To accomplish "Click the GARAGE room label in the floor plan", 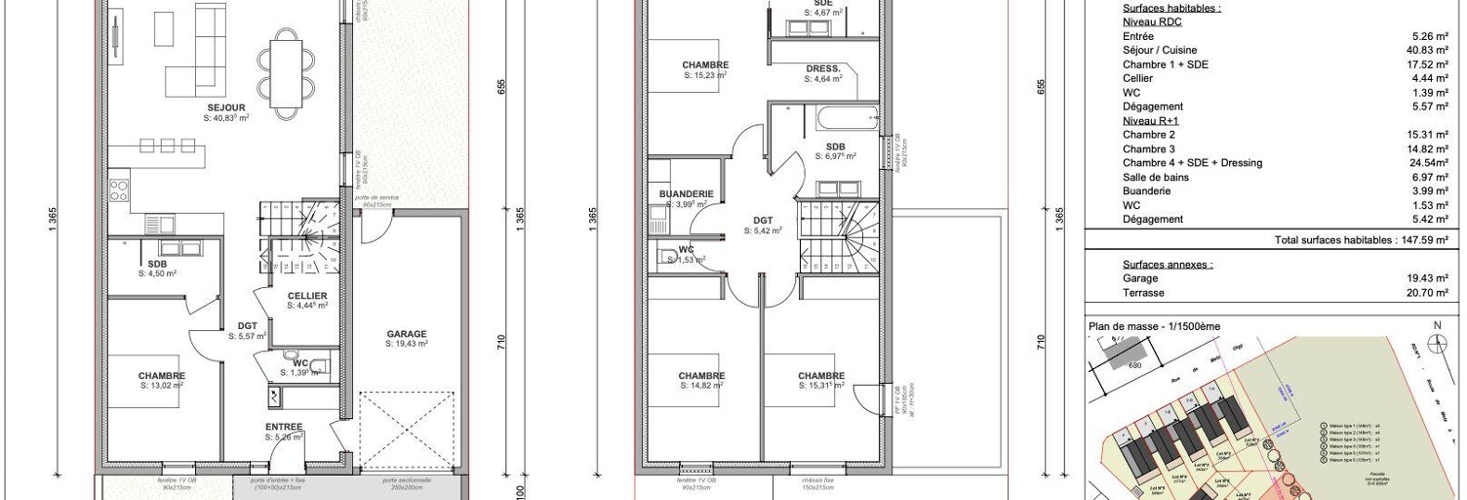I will click(406, 334).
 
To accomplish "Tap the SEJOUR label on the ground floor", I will click(226, 107).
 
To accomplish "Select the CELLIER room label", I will click(307, 296).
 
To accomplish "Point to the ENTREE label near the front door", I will click(284, 427).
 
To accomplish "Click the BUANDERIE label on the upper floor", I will click(686, 194).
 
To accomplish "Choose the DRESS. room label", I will click(824, 68).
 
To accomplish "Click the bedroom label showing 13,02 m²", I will click(162, 376).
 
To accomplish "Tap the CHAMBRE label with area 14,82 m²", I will click(701, 376).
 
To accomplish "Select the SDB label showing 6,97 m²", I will click(836, 146).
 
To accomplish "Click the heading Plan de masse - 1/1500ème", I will click(1154, 326).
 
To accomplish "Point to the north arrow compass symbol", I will click(1437, 343).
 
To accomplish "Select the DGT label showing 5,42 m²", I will click(762, 222).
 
